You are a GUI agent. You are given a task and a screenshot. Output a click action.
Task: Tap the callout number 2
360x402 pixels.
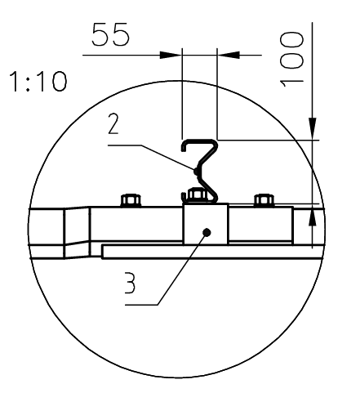click(116, 124)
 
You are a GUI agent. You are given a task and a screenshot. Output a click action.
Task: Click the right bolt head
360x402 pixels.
click(263, 200)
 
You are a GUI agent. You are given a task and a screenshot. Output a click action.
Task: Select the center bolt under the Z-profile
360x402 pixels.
click(196, 196)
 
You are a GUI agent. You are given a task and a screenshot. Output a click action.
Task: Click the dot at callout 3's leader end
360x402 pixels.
click(209, 232)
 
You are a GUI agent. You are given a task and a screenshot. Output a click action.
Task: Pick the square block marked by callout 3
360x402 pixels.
click(205, 225)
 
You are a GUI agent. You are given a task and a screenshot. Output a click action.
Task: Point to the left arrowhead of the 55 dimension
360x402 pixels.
click(171, 55)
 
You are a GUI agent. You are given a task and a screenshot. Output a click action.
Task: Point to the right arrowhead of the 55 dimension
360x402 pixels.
click(226, 55)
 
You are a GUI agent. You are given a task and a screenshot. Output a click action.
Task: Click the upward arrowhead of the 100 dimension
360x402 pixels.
click(313, 217)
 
